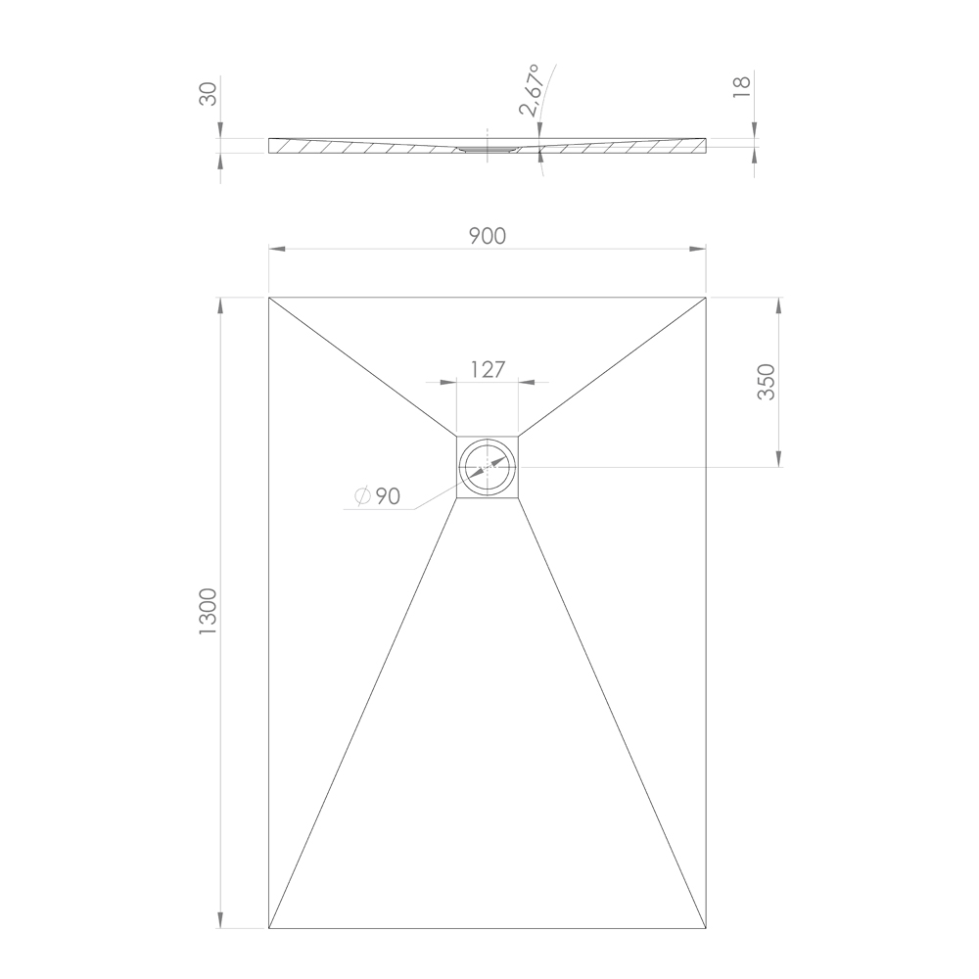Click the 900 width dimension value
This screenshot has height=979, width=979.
coord(487,236)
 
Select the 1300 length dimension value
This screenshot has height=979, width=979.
coord(208,611)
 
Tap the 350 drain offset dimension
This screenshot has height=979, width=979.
coord(767,382)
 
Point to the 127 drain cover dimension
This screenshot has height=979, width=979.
coord(487,370)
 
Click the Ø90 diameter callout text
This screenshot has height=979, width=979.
coord(377,496)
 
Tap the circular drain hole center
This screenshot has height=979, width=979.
coord(488,467)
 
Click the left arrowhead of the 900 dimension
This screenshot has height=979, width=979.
coord(277,249)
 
